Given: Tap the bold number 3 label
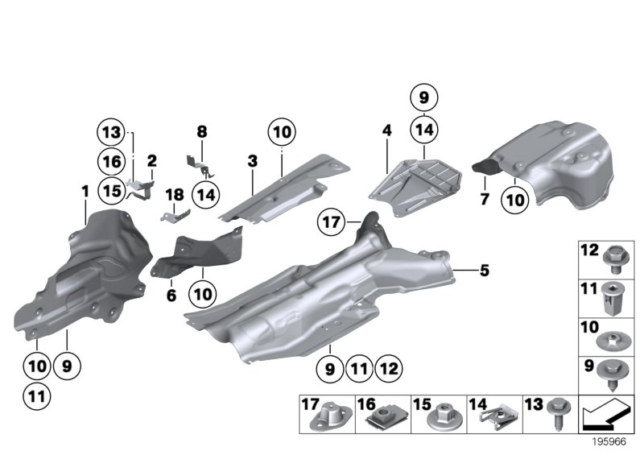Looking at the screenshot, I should point(252,162).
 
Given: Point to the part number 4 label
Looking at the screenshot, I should point(386,130).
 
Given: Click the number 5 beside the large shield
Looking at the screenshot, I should point(484,271).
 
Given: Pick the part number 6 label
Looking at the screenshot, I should point(171,296).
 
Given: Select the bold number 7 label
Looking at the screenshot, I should point(485,198).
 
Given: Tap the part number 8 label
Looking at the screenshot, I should point(202,130).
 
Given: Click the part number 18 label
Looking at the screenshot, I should point(170,194).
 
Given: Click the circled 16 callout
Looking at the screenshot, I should point(112,160).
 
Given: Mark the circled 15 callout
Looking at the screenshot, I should point(112,190).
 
